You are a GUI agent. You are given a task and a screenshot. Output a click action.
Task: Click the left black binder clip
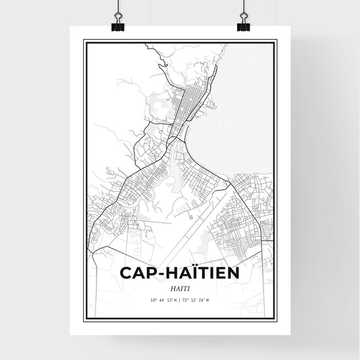tap(117, 25)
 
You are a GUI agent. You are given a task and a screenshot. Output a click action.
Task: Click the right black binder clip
tap(243, 25)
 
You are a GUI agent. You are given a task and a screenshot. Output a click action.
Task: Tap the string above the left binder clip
tap(117, 7)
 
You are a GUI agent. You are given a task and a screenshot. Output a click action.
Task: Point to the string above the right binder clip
tap(243, 7)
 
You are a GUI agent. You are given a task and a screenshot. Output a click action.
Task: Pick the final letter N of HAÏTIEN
tap(234, 273)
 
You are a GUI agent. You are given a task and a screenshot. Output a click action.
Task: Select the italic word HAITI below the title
tap(180, 288)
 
